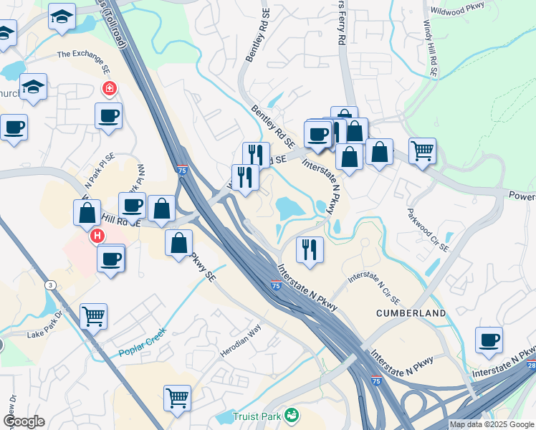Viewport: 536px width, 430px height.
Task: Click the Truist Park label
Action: point(257,416)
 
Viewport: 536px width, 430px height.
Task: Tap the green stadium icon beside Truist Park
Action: point(291,415)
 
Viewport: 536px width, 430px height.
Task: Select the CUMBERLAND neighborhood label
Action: point(411,313)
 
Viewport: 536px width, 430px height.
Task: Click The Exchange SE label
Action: point(83,54)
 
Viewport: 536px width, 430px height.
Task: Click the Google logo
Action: point(24,421)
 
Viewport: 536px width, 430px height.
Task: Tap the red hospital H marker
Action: point(95,235)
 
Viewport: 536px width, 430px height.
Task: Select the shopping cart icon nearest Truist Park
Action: point(177,396)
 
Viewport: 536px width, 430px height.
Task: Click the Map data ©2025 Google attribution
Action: point(492,424)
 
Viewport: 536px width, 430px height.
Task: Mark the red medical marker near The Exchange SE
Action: point(110,90)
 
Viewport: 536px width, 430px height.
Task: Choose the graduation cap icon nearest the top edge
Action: point(62,15)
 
